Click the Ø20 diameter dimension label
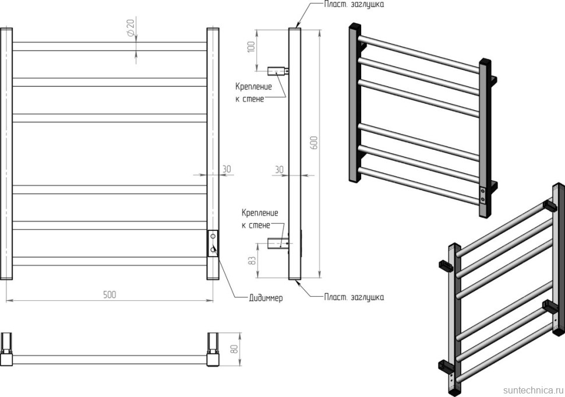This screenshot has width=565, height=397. pyautogui.click(x=130, y=26)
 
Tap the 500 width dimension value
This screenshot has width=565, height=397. pyautogui.click(x=110, y=294)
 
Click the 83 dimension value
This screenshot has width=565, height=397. pyautogui.click(x=251, y=260)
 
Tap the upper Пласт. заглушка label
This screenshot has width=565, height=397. pyautogui.click(x=354, y=5)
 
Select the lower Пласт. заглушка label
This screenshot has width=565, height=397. pyautogui.click(x=354, y=297)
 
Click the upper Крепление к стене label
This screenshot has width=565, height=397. pyautogui.click(x=253, y=93)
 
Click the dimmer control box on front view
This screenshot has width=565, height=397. pyautogui.click(x=213, y=244)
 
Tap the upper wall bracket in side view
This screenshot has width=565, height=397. pyautogui.click(x=278, y=71)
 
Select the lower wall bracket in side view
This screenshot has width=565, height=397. pyautogui.click(x=277, y=242)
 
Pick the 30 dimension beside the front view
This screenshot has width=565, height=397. pyautogui.click(x=226, y=169)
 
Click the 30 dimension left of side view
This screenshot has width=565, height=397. pyautogui.click(x=279, y=169)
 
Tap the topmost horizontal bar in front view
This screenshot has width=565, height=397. pyautogui.click(x=110, y=46)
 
